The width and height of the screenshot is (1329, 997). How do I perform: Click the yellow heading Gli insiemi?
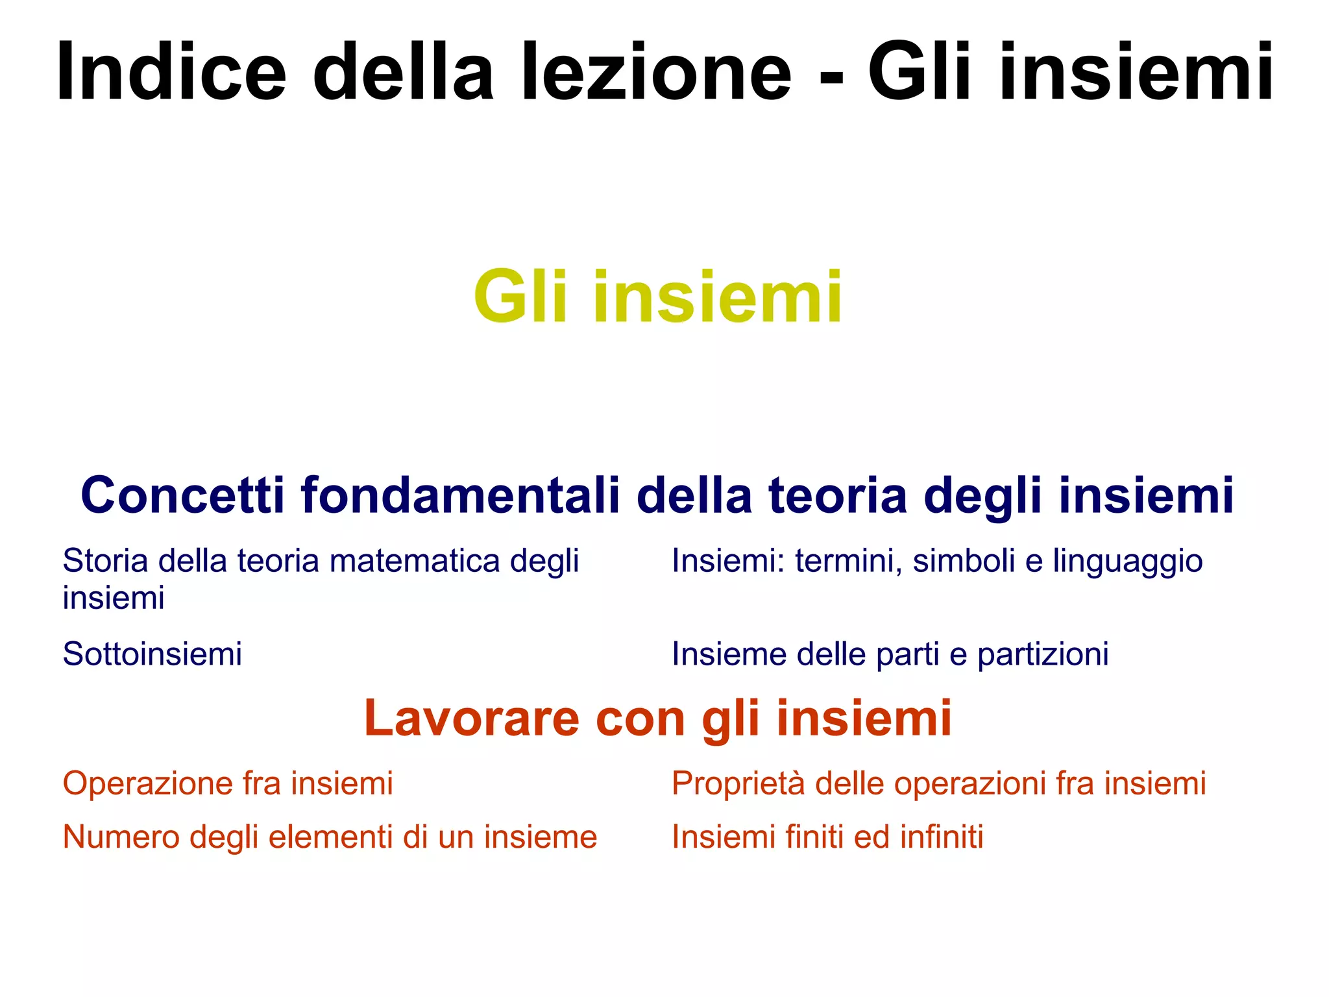(658, 297)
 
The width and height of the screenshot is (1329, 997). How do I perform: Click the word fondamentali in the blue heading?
(460, 495)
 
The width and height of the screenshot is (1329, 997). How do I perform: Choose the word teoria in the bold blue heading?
(838, 495)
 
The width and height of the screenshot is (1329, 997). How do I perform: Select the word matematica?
(415, 561)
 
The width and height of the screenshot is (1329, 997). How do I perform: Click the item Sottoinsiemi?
(152, 654)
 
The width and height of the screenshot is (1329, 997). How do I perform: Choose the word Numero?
(121, 837)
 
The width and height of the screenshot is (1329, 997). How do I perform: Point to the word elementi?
(330, 837)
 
